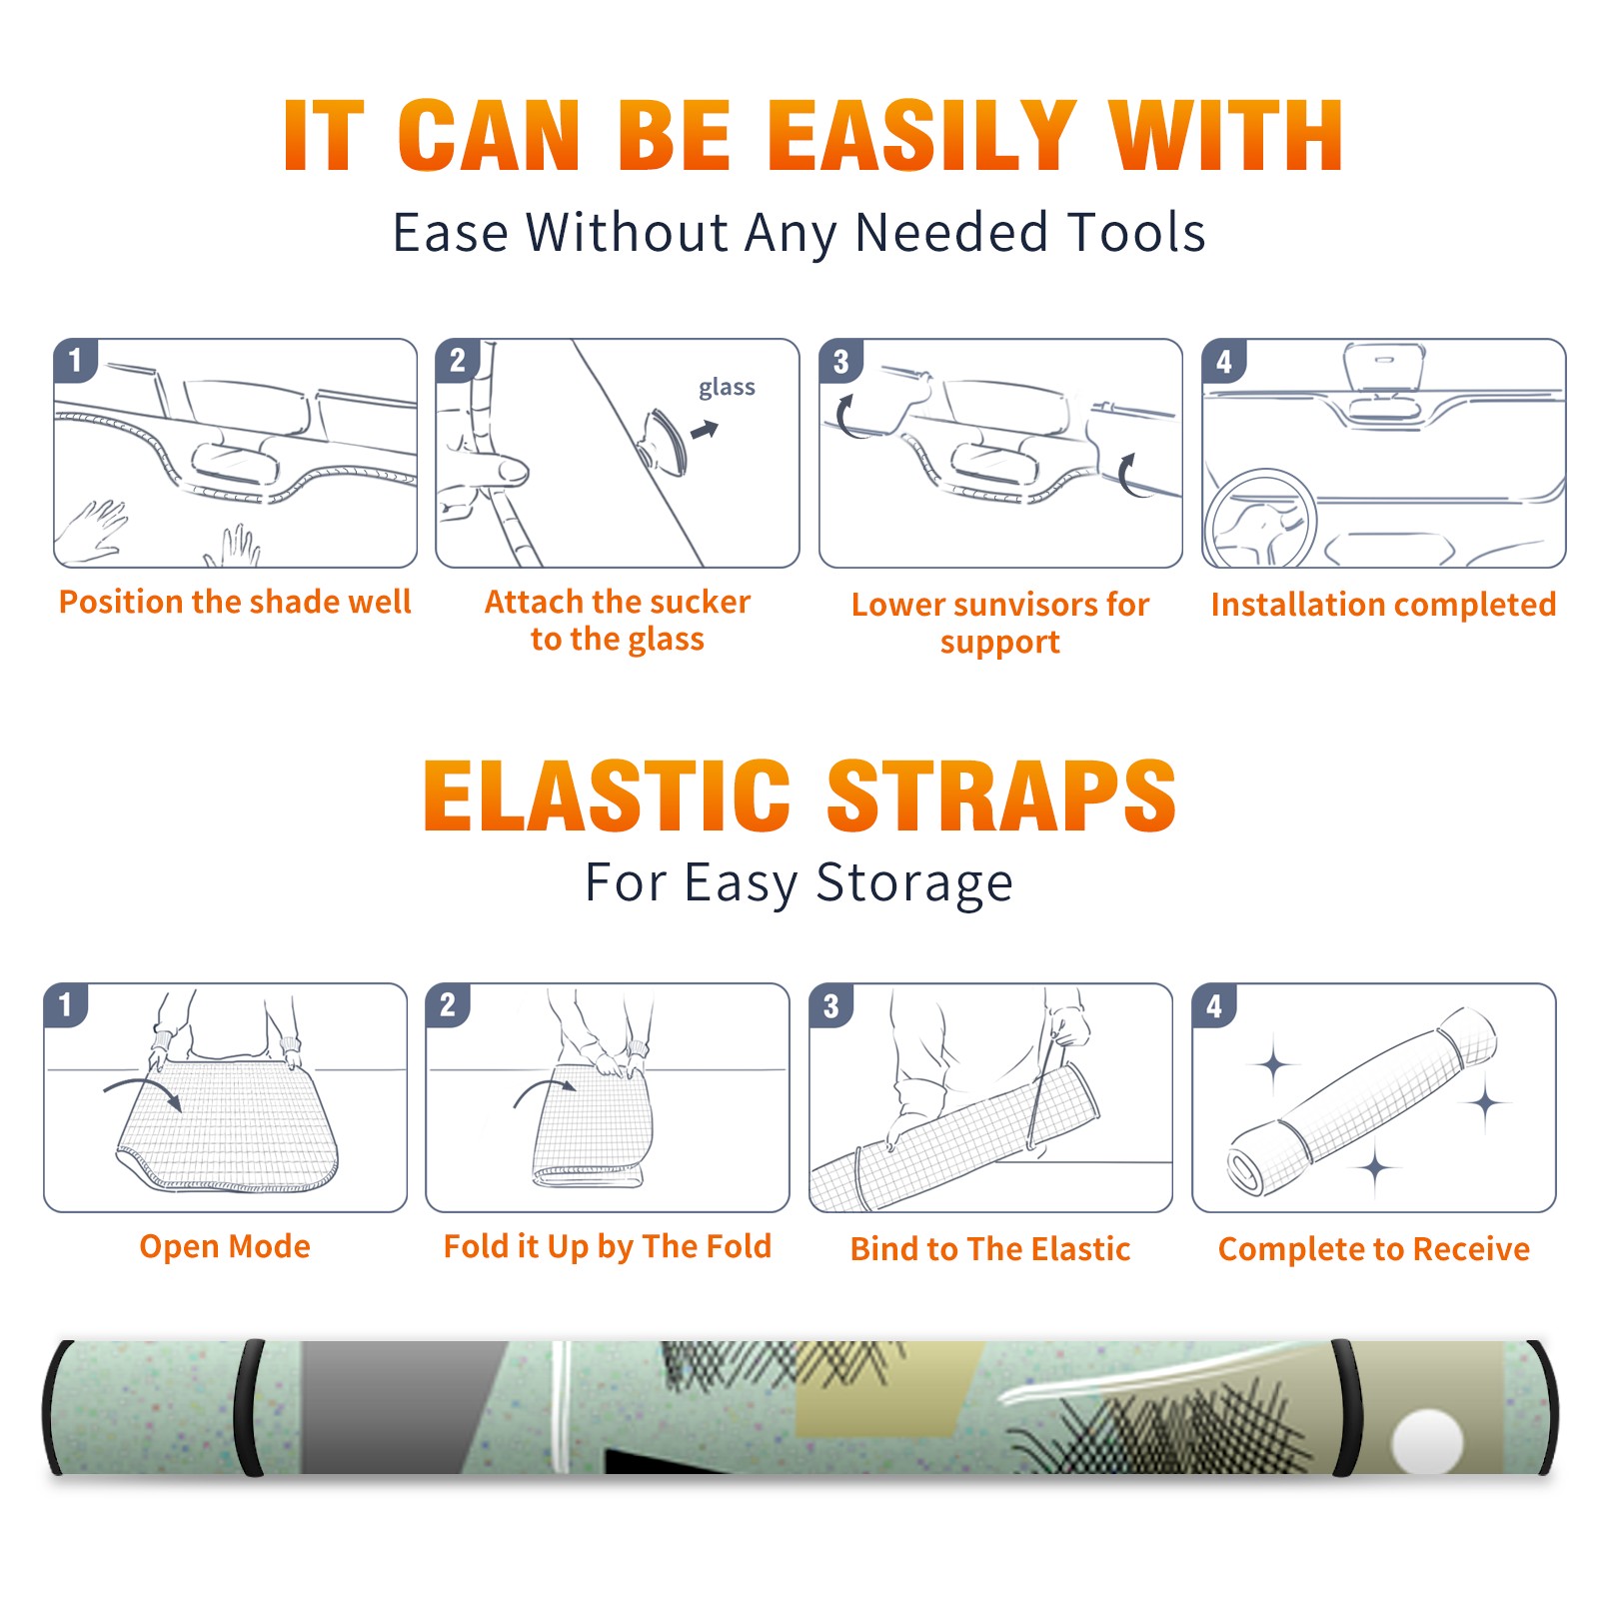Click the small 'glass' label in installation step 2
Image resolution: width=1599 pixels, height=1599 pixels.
(x=727, y=388)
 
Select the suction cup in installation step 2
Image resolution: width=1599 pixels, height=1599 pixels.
(x=664, y=442)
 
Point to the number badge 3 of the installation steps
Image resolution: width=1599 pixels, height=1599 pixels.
(x=841, y=361)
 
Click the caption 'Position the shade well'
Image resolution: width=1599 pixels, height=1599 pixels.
(x=235, y=602)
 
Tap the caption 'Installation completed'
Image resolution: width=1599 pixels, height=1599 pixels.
(x=1383, y=604)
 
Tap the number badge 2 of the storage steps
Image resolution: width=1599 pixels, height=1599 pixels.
(x=448, y=1004)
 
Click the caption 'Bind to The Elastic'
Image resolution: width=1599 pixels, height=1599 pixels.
(x=989, y=1248)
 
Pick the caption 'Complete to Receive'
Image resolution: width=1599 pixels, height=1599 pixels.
(x=1374, y=1248)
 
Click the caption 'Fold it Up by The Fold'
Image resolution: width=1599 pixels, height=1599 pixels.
(x=608, y=1246)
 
